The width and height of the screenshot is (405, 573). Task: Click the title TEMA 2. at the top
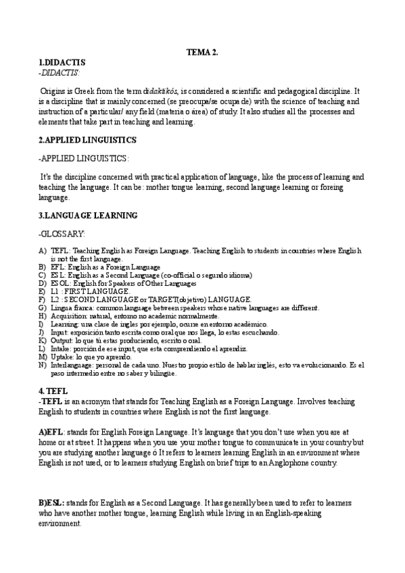coord(202,53)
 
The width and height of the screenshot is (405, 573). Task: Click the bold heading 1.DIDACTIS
coord(62,62)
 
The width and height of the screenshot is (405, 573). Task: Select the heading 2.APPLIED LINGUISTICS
coord(88,140)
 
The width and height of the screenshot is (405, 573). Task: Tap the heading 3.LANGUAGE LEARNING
coord(88,216)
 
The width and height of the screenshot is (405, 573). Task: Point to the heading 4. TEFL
coord(53,391)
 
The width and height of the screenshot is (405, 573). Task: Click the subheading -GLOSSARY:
coord(62,233)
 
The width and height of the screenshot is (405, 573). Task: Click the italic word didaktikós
coord(156,90)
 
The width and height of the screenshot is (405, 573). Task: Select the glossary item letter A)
coord(43,251)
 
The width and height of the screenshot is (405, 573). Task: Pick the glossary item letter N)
coord(43,365)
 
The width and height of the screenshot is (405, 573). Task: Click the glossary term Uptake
coord(62,356)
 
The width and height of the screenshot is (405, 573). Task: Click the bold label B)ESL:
coord(52,504)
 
